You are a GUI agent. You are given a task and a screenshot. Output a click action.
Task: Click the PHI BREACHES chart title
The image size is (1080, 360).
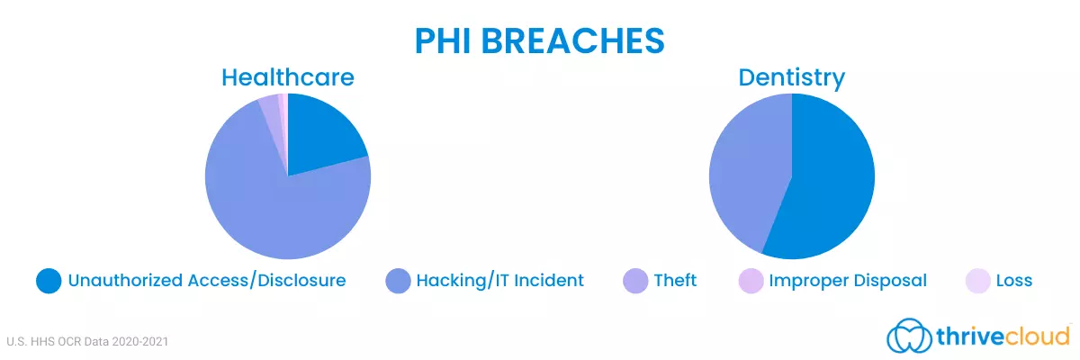pos(539,40)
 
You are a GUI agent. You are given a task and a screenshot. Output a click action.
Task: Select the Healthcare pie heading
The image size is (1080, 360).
pos(288,77)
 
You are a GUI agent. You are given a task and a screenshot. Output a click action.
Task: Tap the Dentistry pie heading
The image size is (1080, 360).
pos(792,78)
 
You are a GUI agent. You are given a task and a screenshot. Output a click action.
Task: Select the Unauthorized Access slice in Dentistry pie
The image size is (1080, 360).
pos(824,183)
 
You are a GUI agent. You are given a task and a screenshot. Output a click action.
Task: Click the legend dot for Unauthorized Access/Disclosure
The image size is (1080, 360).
pos(49,281)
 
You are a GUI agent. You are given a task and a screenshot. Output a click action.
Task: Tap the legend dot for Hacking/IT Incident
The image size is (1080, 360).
pos(398,281)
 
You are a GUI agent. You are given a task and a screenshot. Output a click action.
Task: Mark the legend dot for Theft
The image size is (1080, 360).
pos(635,281)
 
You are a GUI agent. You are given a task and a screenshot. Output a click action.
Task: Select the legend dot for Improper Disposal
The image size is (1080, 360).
pos(751,281)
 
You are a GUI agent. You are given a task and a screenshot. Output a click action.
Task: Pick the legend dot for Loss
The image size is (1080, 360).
pos(977,281)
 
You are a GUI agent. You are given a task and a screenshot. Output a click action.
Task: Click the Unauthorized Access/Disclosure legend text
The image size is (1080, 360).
pos(207,281)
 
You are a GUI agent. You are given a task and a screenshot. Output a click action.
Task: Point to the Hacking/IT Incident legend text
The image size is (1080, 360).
pos(500,281)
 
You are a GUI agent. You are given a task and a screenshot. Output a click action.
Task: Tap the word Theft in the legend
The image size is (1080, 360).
pos(675,280)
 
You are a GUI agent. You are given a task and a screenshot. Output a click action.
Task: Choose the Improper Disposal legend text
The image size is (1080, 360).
pos(848,281)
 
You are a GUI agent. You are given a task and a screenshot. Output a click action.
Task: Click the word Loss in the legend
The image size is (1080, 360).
pos(1014,281)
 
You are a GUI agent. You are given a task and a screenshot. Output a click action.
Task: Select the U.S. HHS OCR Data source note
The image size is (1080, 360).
pos(87,342)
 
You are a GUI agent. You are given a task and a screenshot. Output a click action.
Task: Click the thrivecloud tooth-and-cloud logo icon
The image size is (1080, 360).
pos(909,336)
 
